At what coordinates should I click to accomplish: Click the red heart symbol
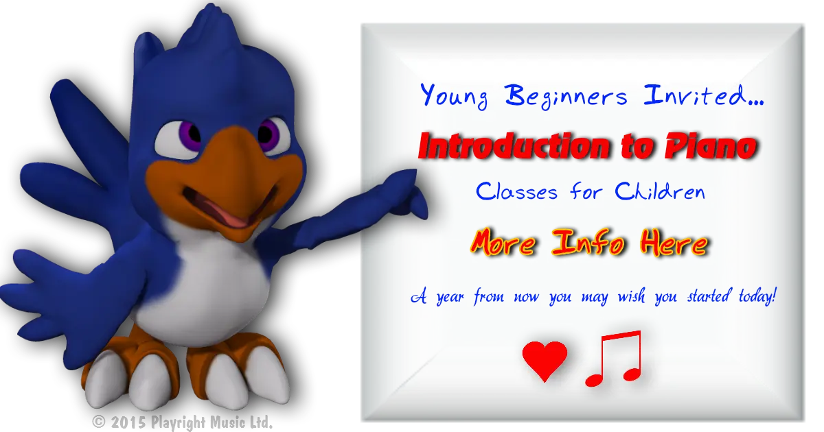(545, 361)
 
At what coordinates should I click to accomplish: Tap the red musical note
(614, 358)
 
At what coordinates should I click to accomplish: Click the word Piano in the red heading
(711, 147)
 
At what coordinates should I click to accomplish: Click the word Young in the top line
(455, 95)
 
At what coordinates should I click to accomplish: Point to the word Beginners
(566, 97)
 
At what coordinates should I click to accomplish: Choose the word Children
(660, 191)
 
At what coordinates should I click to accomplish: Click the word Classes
(516, 191)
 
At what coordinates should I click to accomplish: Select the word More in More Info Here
(503, 243)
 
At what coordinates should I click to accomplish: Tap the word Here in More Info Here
(674, 243)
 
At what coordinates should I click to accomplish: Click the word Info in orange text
(588, 242)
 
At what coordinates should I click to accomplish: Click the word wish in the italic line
(631, 296)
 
